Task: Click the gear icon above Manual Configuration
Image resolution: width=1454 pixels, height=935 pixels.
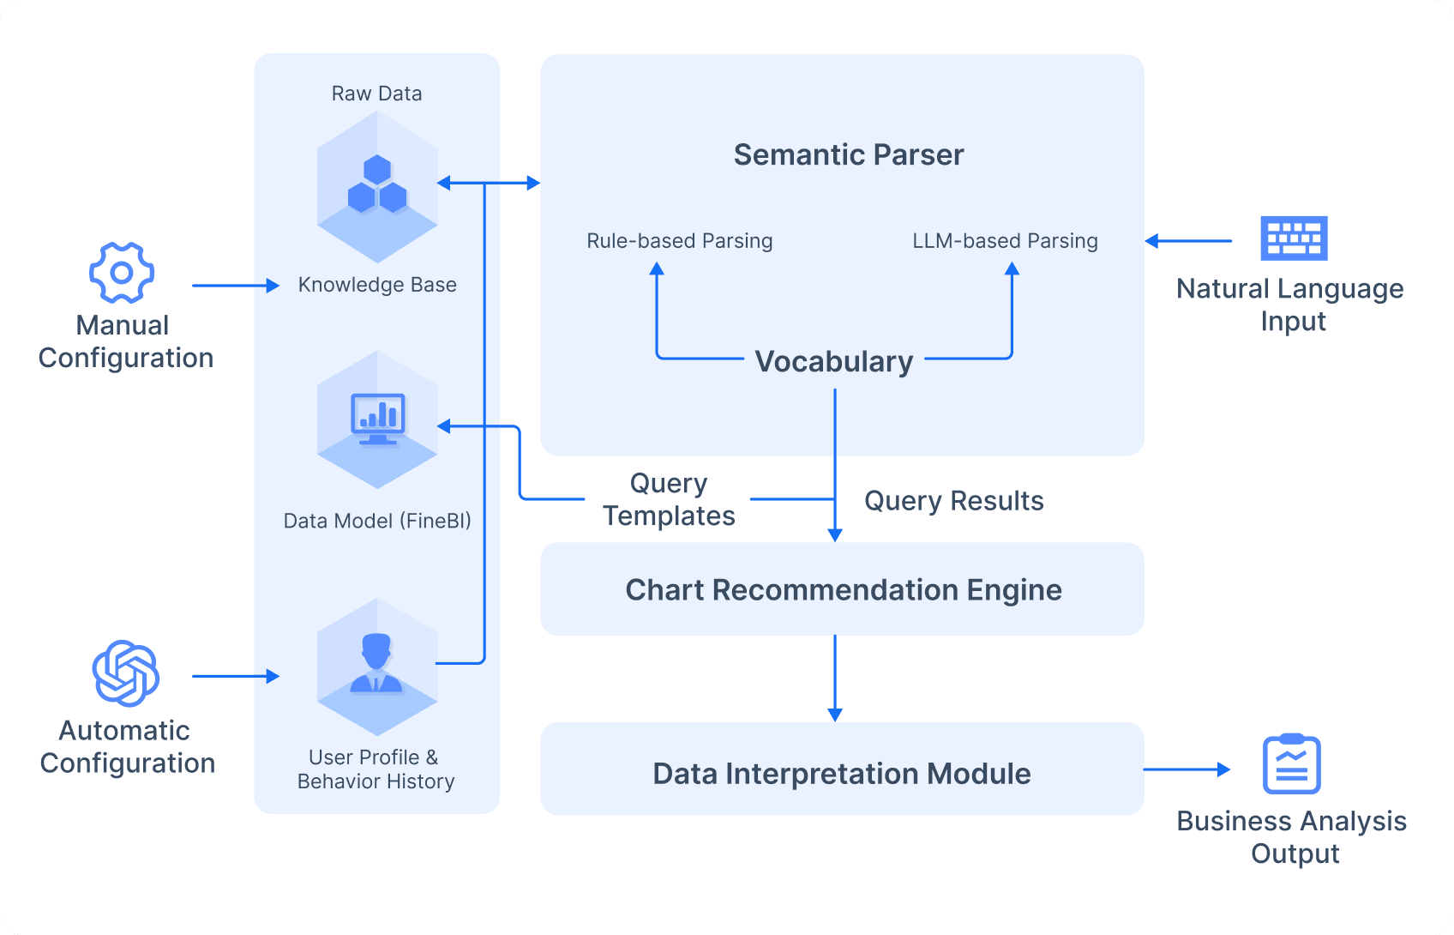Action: pos(122,273)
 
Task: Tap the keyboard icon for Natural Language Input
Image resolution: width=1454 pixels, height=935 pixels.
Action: pos(1294,238)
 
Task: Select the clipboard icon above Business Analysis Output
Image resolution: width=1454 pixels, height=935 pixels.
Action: pos(1291,764)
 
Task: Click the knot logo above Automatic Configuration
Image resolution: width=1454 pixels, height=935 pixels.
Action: pos(125,673)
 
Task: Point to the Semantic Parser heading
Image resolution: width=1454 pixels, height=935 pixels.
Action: pos(849,155)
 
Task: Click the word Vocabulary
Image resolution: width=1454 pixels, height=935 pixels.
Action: pos(834,362)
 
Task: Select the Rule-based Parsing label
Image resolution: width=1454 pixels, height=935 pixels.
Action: pos(679,241)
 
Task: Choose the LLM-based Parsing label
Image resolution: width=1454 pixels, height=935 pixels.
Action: pos(1005,241)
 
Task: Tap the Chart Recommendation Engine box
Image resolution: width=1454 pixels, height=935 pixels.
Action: pos(843,590)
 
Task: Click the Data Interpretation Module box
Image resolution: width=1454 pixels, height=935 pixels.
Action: pos(842,773)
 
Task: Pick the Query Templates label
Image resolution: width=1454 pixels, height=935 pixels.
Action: pos(669,499)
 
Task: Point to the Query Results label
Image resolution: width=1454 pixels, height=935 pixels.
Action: pos(953,501)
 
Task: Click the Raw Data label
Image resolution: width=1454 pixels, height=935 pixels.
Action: pos(376,93)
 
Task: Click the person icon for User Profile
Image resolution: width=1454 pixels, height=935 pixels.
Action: pos(376,664)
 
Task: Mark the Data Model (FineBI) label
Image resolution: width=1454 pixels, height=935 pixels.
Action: pos(377,521)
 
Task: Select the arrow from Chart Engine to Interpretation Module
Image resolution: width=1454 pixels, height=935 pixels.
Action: pos(835,678)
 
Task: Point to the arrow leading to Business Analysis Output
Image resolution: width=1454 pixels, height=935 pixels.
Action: pos(1187,769)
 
